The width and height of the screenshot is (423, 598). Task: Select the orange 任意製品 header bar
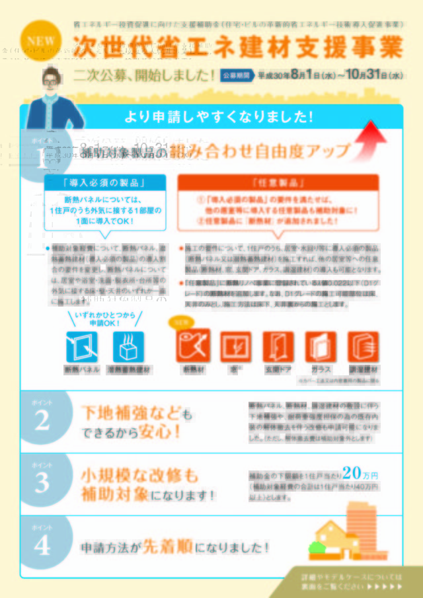click(x=278, y=182)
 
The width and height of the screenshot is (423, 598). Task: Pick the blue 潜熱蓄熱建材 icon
click(x=129, y=347)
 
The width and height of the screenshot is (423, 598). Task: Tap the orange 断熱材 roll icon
click(x=192, y=345)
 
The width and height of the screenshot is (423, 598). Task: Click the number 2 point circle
click(x=42, y=420)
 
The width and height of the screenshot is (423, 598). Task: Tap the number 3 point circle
click(x=42, y=482)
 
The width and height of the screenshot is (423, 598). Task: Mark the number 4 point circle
click(x=42, y=544)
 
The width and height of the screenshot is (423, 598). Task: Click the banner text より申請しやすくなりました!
click(x=218, y=118)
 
